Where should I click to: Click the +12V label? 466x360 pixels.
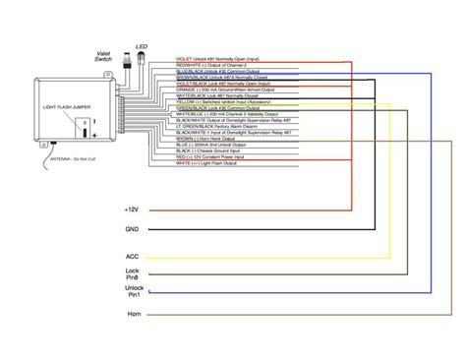pos(133,210)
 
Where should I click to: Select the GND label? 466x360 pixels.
pos(133,231)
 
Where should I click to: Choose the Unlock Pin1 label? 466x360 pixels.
pos(133,291)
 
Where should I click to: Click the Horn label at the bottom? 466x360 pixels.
pos(133,315)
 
